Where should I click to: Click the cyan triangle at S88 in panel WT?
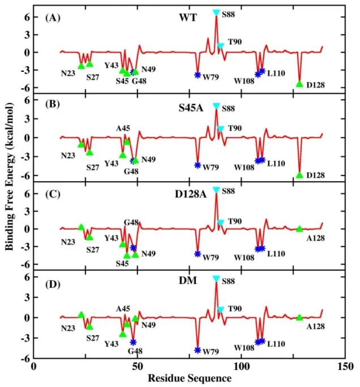pos(216,12)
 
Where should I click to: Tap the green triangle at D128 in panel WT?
pos(299,84)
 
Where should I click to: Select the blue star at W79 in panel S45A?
pos(198,165)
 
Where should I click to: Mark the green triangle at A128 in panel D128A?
pos(299,229)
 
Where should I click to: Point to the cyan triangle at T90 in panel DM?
pos(221,309)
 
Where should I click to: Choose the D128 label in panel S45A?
pos(316,176)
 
